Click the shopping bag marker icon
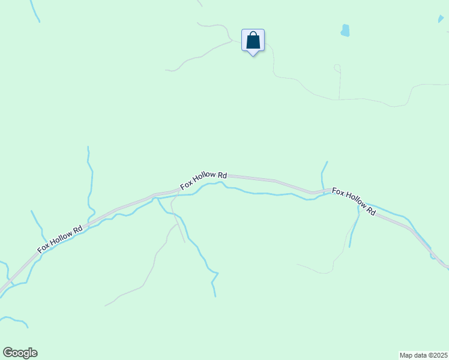(253, 41)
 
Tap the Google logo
(20, 353)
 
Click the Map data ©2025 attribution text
(424, 355)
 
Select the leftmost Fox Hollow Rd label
(60, 239)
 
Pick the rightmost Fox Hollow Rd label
(354, 202)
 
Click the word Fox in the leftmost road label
(43, 247)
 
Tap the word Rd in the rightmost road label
(370, 211)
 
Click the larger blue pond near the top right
(345, 30)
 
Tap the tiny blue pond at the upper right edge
(441, 19)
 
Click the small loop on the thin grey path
(337, 68)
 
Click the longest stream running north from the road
(91, 180)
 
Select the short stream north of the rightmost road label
(324, 174)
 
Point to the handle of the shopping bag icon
(253, 35)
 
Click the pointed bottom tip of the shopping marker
(253, 55)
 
